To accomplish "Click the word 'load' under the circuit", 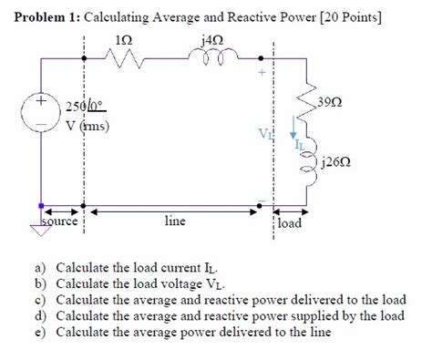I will (x=290, y=222).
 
